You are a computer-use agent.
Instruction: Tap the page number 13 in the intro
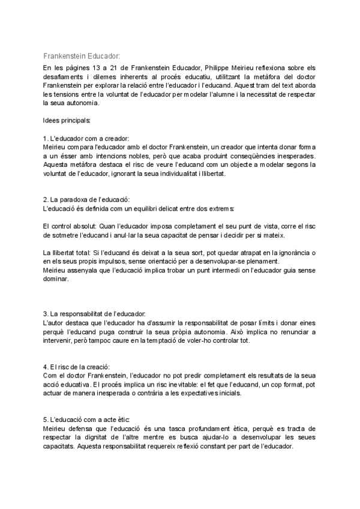tap(100, 67)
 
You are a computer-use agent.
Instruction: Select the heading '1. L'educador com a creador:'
tap(86, 139)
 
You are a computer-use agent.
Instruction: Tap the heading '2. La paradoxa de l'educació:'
tap(86, 199)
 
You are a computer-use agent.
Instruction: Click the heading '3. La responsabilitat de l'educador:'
tap(94, 314)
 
